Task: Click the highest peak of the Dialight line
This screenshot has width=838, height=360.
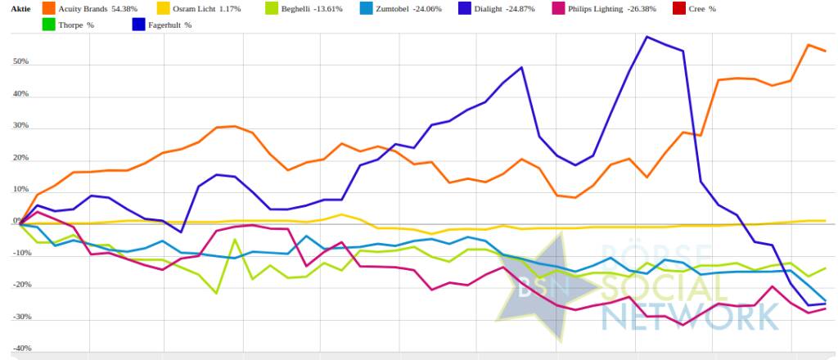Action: point(647,36)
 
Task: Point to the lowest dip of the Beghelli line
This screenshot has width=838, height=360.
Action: point(217,293)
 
